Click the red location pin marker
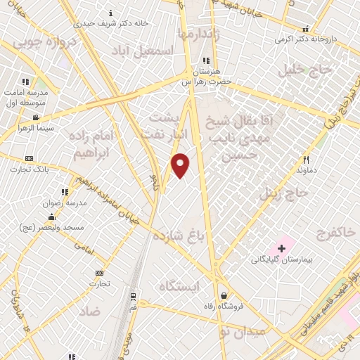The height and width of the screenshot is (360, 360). [181, 165]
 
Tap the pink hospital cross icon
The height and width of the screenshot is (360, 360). [281, 248]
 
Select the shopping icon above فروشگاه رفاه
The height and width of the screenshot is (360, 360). [224, 295]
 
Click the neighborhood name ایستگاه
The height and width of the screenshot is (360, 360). [180, 285]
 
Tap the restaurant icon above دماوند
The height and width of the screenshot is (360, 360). [306, 160]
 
